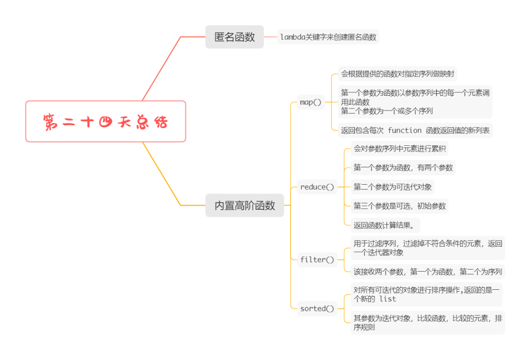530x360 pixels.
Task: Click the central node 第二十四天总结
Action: point(106,121)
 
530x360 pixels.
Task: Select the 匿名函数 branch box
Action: point(235,37)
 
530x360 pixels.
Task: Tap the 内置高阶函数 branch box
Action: point(245,206)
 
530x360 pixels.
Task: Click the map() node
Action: point(311,102)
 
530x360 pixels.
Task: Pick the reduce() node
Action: point(317,187)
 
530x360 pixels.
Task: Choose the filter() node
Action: point(317,259)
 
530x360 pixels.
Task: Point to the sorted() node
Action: point(317,308)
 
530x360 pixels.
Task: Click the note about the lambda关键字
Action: point(328,37)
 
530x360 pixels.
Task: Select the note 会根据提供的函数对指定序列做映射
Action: point(397,75)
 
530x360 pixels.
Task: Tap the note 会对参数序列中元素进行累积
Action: point(400,148)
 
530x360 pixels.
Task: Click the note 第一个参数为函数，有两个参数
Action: point(403,167)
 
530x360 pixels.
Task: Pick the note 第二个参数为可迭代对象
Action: point(393,187)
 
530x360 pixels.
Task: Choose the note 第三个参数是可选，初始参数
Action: point(399,206)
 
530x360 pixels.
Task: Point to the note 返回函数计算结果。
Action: point(385,225)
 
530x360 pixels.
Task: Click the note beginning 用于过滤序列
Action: point(427,248)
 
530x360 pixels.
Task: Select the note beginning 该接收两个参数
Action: point(427,272)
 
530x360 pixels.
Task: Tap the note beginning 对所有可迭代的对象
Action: point(426,294)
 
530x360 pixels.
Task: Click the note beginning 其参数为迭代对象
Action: point(427,322)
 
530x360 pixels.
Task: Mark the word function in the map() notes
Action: point(404,130)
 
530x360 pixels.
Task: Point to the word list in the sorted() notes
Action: point(387,299)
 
